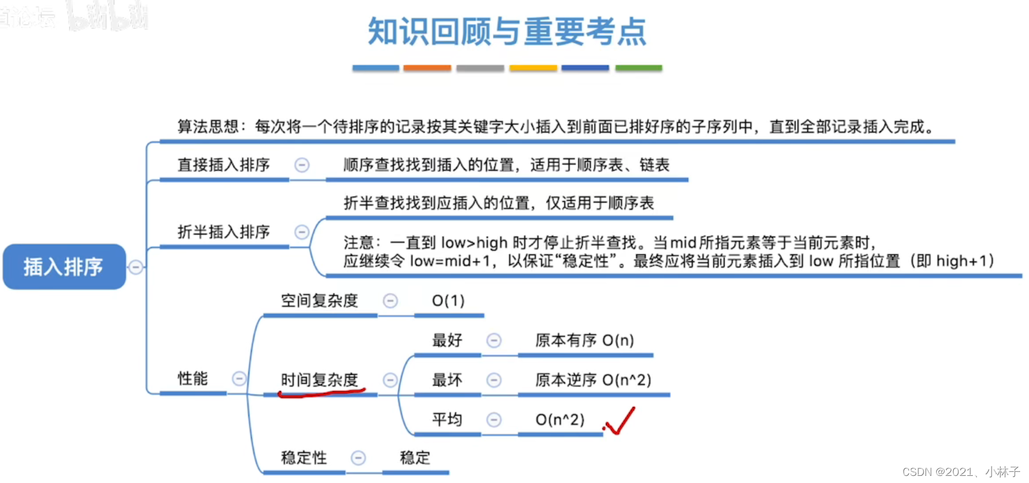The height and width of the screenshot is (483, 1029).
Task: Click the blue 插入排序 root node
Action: [64, 267]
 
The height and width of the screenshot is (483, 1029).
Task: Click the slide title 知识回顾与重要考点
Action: [507, 31]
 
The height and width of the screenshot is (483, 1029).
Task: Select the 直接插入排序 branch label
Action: [224, 165]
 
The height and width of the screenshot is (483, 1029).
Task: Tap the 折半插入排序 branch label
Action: [224, 231]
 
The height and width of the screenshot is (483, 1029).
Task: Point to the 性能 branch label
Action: [193, 378]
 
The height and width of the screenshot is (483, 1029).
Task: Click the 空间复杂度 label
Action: [319, 301]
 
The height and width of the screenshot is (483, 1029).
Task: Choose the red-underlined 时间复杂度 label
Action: [319, 379]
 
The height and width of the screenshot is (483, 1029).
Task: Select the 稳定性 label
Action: [303, 458]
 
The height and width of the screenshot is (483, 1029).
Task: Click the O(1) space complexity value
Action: [448, 301]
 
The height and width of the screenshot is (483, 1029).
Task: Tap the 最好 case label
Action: [447, 340]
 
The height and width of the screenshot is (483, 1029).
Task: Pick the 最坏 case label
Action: [447, 379]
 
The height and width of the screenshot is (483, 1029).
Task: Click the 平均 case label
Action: [447, 419]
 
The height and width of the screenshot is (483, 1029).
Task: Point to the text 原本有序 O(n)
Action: [584, 340]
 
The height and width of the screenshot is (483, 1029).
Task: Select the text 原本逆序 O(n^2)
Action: [593, 379]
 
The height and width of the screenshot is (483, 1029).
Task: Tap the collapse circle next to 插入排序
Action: [135, 267]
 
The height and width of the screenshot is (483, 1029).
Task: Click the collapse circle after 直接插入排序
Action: [302, 165]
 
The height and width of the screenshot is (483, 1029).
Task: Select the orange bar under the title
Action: [427, 68]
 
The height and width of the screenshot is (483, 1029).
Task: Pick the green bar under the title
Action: [638, 68]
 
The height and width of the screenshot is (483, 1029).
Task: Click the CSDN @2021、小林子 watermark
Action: [961, 472]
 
